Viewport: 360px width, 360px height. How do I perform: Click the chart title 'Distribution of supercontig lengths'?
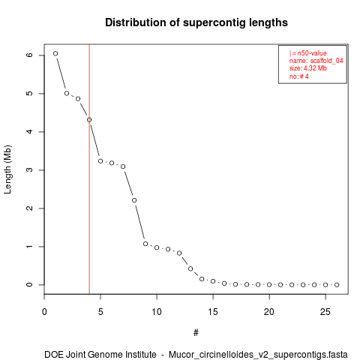tap(196, 22)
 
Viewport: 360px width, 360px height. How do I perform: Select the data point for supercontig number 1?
tap(55, 53)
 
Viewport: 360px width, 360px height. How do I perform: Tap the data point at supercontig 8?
tap(134, 200)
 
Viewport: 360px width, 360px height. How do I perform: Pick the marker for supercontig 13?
tap(190, 268)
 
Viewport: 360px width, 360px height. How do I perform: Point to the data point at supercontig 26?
tap(337, 285)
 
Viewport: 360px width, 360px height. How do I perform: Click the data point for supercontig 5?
tap(100, 161)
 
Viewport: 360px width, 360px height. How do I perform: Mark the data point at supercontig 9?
tap(145, 244)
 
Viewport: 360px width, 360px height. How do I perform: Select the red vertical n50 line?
tap(89, 169)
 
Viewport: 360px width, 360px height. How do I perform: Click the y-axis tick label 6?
tap(29, 55)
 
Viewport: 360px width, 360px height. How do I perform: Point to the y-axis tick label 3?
tap(29, 170)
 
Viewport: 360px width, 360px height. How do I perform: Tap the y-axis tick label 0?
tap(29, 285)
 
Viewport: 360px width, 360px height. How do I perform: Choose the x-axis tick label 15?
tap(213, 312)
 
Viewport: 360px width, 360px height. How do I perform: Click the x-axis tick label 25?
tap(325, 312)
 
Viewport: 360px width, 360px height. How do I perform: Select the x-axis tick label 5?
tap(100, 312)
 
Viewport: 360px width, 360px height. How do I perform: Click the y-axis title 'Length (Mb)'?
tap(7, 169)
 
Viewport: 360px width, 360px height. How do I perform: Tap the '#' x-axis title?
tap(196, 333)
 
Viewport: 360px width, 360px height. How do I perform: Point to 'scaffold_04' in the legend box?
tap(327, 61)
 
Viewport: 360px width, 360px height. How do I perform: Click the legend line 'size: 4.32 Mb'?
tap(308, 68)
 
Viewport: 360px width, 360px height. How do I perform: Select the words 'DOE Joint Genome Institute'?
tap(100, 355)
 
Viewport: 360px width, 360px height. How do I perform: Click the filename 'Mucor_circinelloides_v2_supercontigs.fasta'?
tap(258, 355)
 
